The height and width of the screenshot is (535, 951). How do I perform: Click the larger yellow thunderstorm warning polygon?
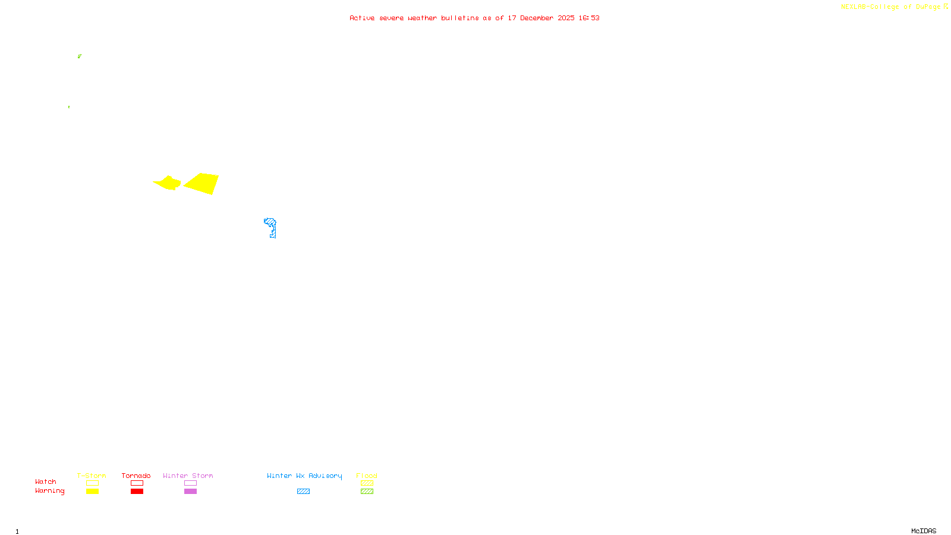pyautogui.click(x=203, y=183)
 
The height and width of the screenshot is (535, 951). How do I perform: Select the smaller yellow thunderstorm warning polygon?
pyautogui.click(x=168, y=182)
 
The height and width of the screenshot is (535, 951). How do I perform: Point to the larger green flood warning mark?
pyautogui.click(x=79, y=56)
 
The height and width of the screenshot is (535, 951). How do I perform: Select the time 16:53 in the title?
pyautogui.click(x=589, y=18)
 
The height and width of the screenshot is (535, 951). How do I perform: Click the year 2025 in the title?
pyautogui.click(x=566, y=18)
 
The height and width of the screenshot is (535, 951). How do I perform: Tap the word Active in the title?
pyautogui.click(x=362, y=18)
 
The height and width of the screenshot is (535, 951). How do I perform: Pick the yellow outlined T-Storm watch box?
pyautogui.click(x=92, y=483)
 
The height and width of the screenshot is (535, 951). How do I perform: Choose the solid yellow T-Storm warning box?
pyautogui.click(x=92, y=492)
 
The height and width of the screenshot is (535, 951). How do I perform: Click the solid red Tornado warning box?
pyautogui.click(x=137, y=492)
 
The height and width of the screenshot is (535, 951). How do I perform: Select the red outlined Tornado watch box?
pyautogui.click(x=137, y=483)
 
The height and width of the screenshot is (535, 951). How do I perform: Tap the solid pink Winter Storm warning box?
pyautogui.click(x=190, y=492)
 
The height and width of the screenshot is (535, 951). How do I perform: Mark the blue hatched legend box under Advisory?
pyautogui.click(x=303, y=492)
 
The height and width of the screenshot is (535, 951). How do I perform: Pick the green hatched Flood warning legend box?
pyautogui.click(x=367, y=492)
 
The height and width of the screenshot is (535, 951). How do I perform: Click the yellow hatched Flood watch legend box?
pyautogui.click(x=367, y=483)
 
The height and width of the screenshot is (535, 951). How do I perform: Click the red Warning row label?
pyautogui.click(x=49, y=491)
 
